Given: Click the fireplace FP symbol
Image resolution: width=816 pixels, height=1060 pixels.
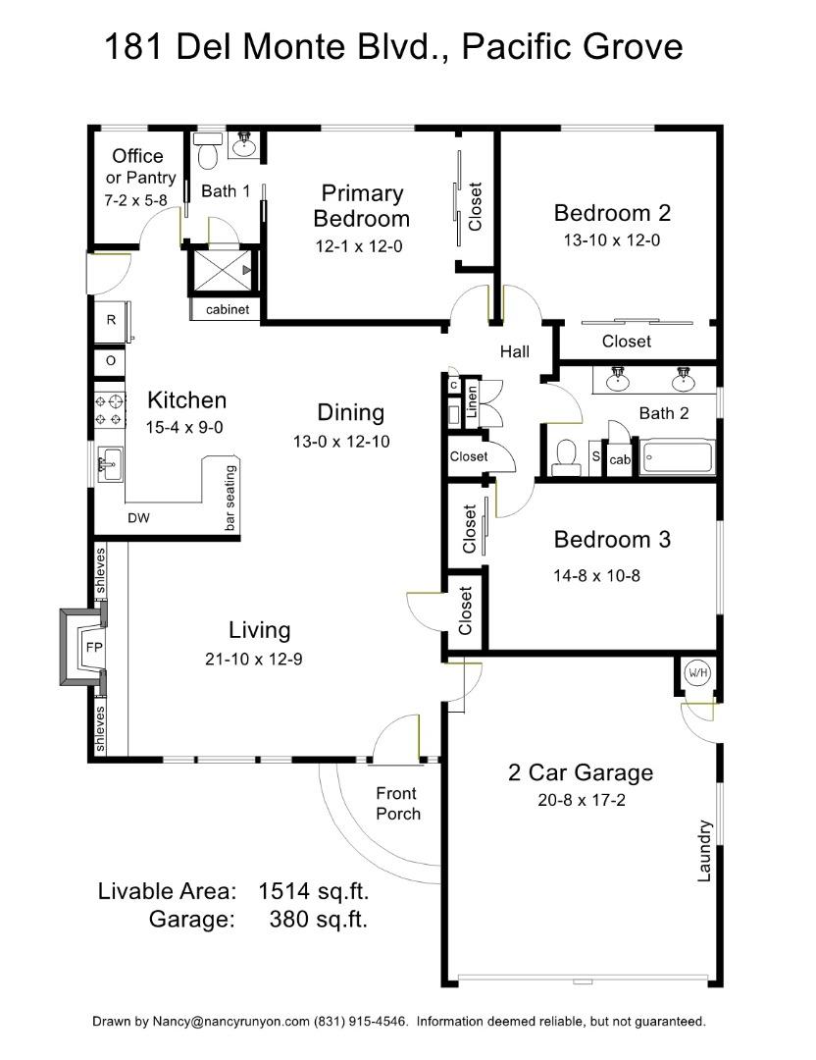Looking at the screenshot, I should coord(93,648).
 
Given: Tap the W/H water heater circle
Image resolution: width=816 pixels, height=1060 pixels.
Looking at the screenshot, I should coord(697,673).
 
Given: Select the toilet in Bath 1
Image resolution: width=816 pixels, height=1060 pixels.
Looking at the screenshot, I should coord(208,154).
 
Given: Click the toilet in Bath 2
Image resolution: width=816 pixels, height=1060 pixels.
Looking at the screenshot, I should coord(566,455).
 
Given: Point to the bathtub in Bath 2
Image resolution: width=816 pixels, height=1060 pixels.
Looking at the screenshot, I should coord(678,457).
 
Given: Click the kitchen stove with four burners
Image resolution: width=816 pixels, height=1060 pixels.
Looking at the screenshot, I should coord(109,409).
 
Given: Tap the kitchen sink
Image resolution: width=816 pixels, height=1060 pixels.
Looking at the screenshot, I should coord(110,462).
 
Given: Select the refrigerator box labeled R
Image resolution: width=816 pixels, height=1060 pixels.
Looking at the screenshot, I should coord(111,320).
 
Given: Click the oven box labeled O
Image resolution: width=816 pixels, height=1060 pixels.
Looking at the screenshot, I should coord(111,360).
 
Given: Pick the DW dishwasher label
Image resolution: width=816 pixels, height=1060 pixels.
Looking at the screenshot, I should coord(138,518).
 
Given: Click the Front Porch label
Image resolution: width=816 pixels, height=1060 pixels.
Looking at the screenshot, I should coord(397,803).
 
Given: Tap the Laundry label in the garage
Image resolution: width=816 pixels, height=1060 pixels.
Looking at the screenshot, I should coord(703,850).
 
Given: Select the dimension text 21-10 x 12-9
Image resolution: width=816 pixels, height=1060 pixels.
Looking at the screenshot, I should coord(253,660).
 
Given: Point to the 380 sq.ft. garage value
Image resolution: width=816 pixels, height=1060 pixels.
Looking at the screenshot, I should coord(318,920).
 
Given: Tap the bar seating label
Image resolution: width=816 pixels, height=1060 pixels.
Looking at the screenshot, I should coord(231,499).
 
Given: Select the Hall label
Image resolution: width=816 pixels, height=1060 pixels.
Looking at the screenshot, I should coord(515,351).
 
